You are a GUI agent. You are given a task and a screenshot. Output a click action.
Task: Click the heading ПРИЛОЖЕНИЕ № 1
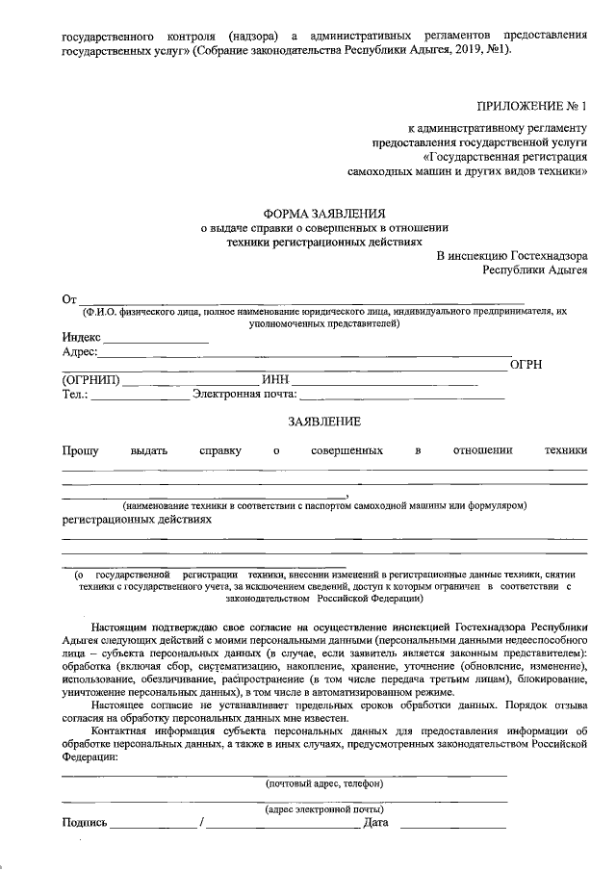530,105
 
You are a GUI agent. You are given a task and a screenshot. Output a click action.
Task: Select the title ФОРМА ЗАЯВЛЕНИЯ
324,213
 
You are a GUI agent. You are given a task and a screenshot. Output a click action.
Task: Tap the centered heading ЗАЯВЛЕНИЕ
324,422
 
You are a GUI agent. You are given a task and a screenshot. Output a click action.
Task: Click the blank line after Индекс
156,341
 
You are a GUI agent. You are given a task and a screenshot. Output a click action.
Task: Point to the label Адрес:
79,353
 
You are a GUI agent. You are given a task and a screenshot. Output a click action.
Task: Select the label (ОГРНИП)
90,380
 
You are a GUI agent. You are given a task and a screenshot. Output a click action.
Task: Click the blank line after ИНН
385,382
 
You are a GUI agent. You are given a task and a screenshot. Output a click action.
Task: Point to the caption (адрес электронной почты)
324,810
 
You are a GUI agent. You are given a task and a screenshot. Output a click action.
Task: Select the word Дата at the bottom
374,823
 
